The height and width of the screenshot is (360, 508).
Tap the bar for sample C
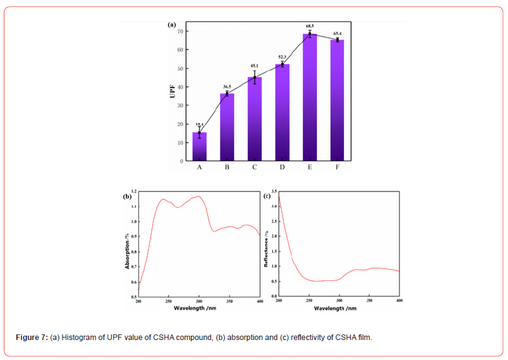(x=255, y=119)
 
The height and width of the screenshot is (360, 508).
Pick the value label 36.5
(x=227, y=87)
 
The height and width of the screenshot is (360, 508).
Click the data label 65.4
(x=338, y=33)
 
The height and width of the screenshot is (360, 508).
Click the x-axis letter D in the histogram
(x=282, y=167)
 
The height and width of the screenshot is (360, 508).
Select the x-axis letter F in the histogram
(x=338, y=167)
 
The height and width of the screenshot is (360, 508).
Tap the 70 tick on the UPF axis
(x=180, y=31)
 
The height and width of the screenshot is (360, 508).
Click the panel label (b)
(x=127, y=196)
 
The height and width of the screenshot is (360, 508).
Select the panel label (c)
(x=266, y=196)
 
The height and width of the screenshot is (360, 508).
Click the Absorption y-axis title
(x=127, y=250)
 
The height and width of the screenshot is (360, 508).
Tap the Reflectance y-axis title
(x=266, y=250)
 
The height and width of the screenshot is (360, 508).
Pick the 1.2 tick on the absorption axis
(x=134, y=192)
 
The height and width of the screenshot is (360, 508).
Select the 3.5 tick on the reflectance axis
(x=273, y=192)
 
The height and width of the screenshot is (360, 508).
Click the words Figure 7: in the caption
(x=31, y=338)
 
